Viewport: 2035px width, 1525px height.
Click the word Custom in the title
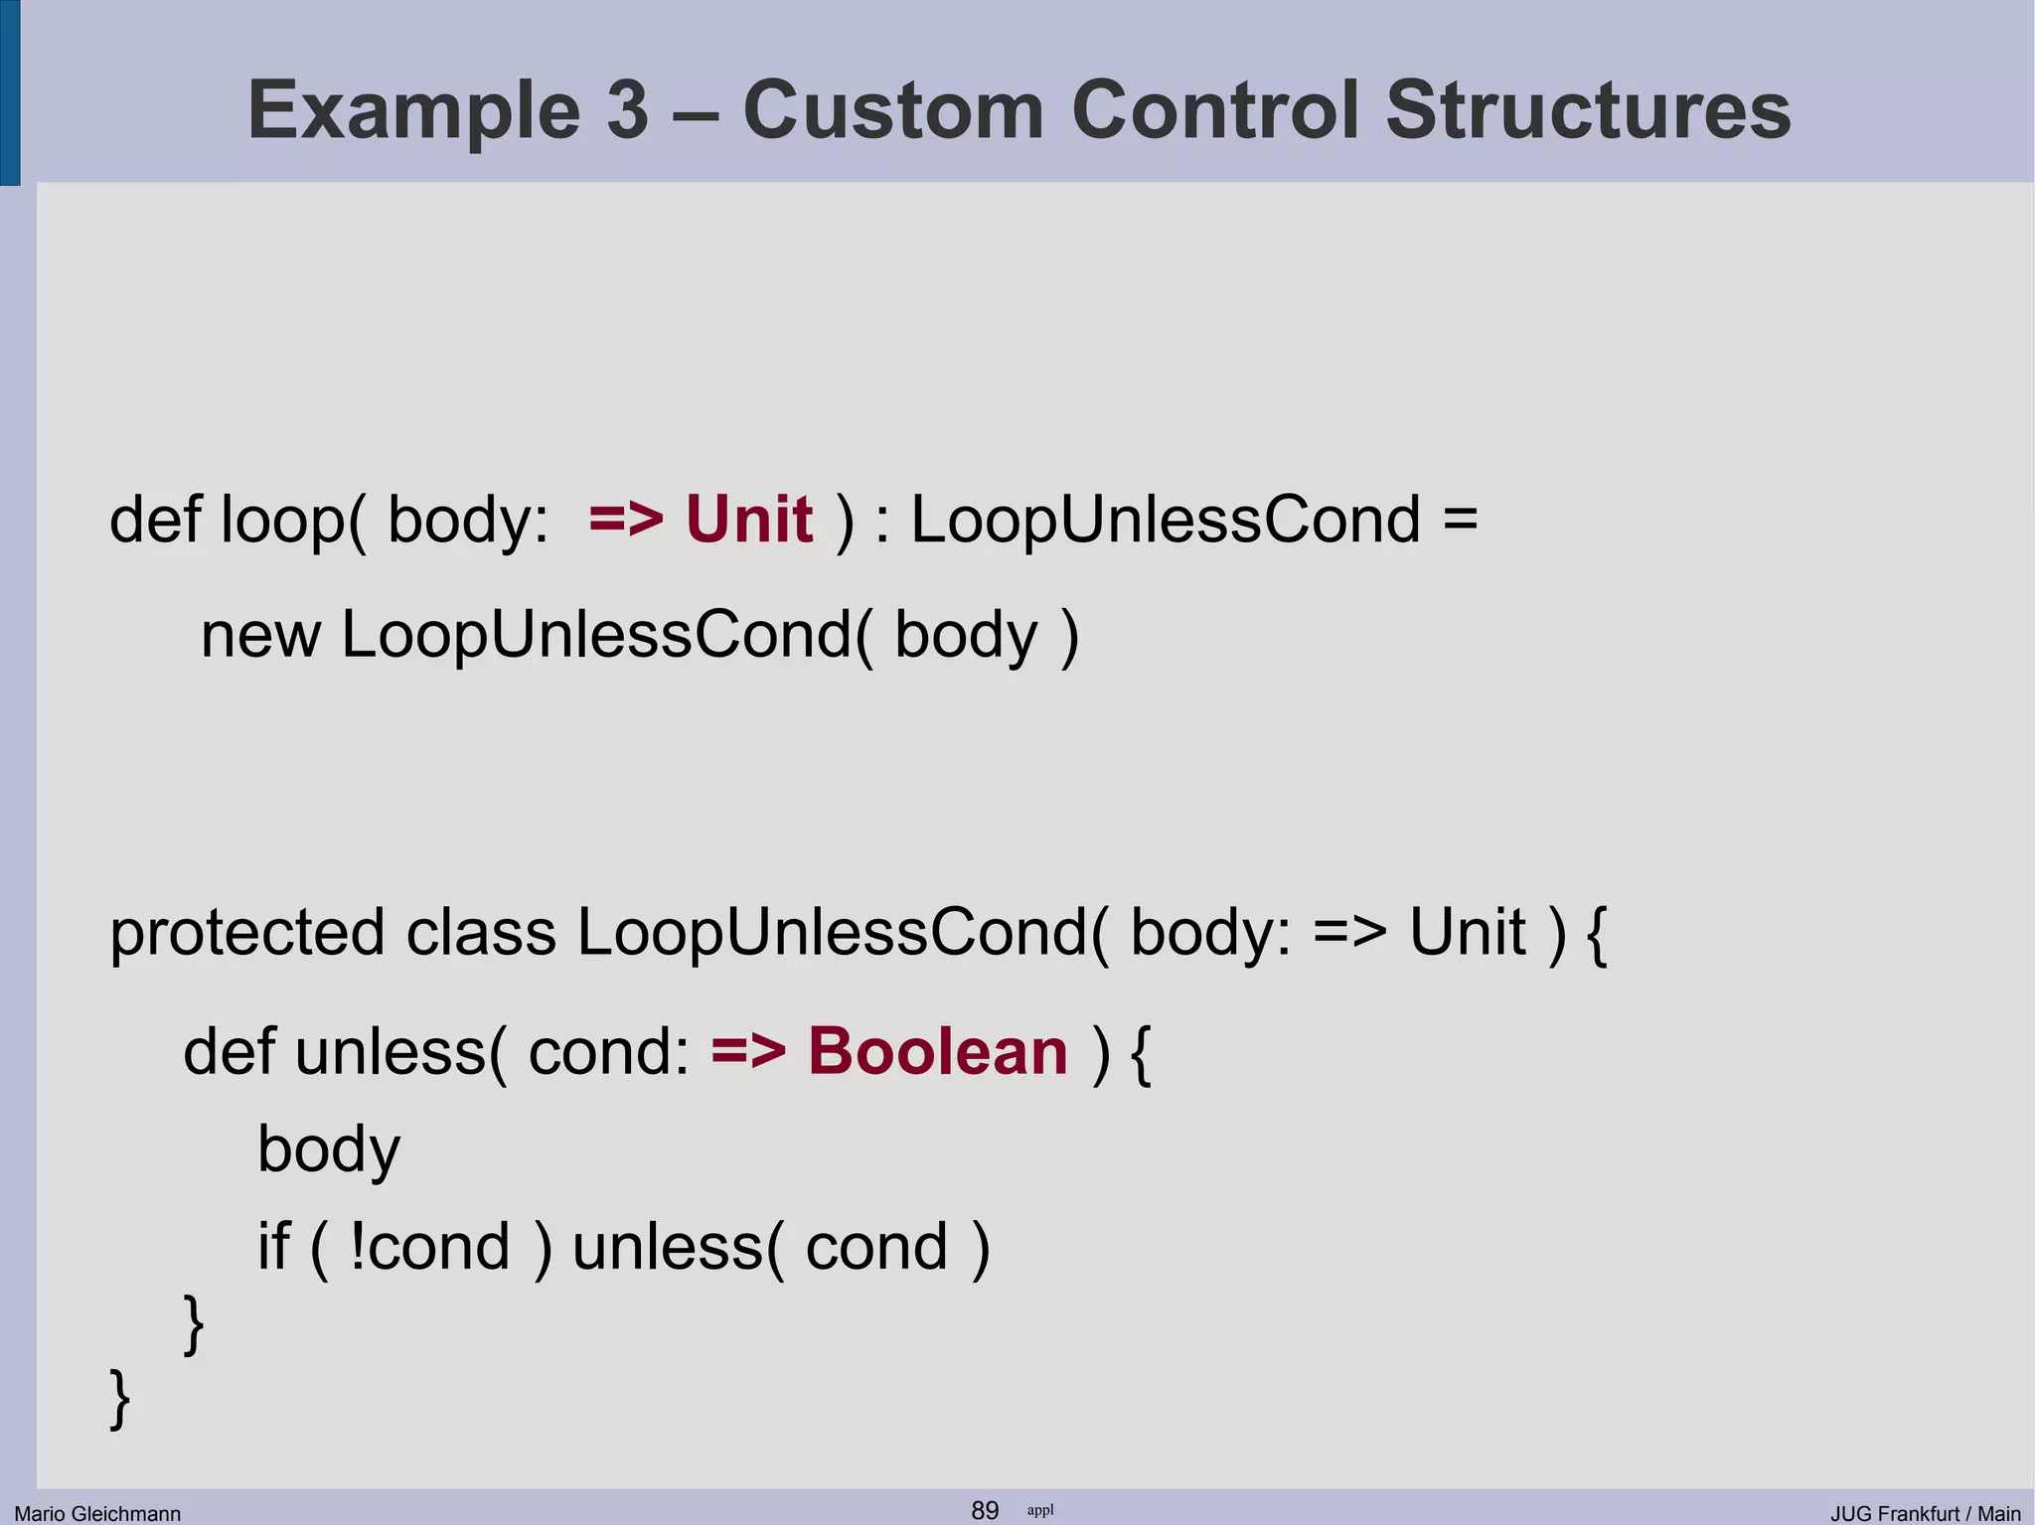pyautogui.click(x=892, y=109)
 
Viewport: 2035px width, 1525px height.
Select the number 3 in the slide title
pyautogui.click(x=627, y=109)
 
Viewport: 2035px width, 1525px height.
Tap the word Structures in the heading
pyautogui.click(x=1587, y=109)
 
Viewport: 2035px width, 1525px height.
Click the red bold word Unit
pyautogui.click(x=749, y=520)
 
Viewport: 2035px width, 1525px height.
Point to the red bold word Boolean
pyautogui.click(x=937, y=1051)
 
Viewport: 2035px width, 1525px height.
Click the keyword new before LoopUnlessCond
pyautogui.click(x=260, y=636)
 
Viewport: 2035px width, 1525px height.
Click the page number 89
pyautogui.click(x=985, y=1510)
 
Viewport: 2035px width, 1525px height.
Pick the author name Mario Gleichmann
pyautogui.click(x=97, y=1513)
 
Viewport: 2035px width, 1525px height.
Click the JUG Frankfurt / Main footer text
pyautogui.click(x=1926, y=1513)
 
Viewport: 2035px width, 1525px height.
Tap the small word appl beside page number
pyautogui.click(x=1040, y=1510)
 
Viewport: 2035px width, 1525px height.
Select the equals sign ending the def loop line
pyautogui.click(x=1460, y=520)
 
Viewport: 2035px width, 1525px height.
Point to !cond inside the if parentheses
pyautogui.click(x=429, y=1248)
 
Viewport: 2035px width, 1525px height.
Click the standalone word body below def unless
pyautogui.click(x=328, y=1150)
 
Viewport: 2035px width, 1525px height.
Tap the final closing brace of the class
pyautogui.click(x=119, y=1399)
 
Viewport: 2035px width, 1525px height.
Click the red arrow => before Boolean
pyautogui.click(x=748, y=1051)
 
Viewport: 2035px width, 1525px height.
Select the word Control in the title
pyautogui.click(x=1214, y=109)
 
